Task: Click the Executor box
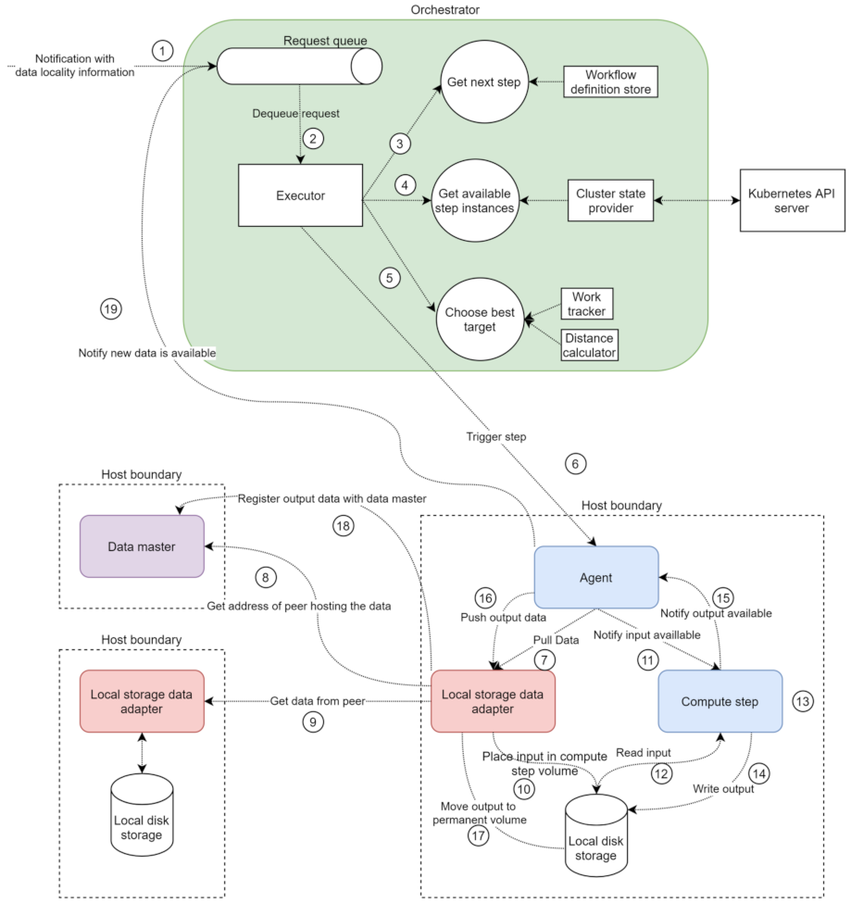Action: coord(300,195)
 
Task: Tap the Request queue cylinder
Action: coord(299,66)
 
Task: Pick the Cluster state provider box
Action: coord(611,202)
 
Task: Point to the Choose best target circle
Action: coord(481,319)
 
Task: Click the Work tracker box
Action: coord(587,304)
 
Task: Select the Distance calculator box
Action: coord(590,345)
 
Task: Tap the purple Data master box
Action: coord(142,546)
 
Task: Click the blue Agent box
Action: coord(596,576)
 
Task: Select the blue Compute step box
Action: coord(720,701)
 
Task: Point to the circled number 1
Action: coord(164,50)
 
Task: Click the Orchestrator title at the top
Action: coord(444,9)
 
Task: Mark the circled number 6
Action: coord(574,462)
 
